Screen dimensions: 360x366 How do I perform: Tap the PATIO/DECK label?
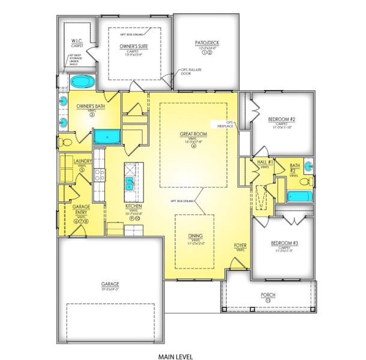(207, 43)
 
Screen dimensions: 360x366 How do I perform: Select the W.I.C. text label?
(76, 41)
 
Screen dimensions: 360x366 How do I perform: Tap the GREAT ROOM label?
(193, 134)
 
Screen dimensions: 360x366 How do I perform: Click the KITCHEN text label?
(133, 206)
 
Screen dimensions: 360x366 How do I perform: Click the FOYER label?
(240, 246)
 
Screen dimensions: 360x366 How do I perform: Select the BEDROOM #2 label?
(281, 119)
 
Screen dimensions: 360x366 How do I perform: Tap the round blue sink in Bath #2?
(308, 166)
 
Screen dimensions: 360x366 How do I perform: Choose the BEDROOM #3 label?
(281, 242)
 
